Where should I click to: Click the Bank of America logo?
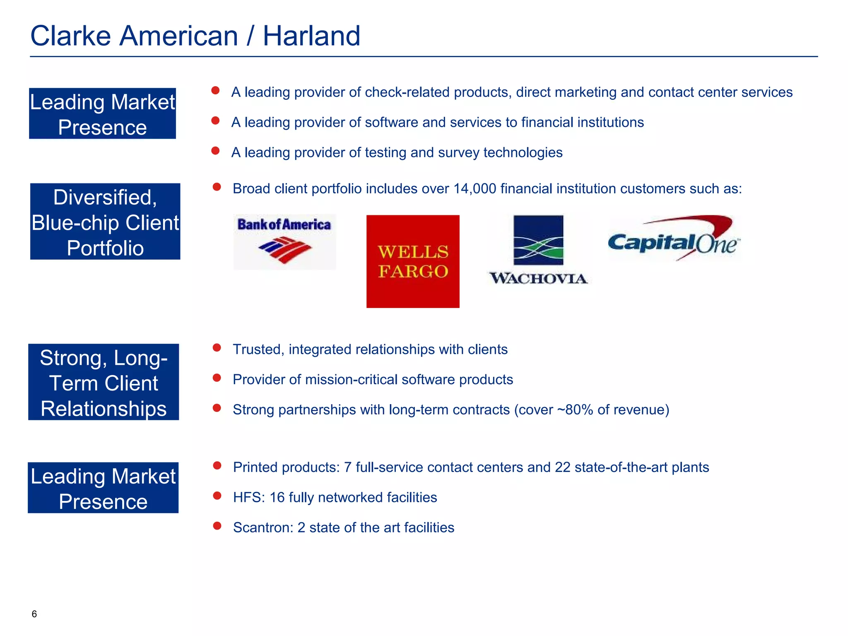[284, 242]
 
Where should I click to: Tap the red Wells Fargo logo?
[413, 261]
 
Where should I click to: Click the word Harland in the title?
[311, 36]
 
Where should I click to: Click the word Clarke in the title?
[70, 36]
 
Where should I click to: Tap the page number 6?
[34, 614]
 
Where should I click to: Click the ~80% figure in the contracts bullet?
[575, 410]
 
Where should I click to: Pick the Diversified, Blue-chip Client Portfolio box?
[105, 222]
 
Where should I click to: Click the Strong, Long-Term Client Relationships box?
[104, 382]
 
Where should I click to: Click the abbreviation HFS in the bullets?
[248, 497]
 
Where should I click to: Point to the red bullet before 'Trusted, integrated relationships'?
[217, 347]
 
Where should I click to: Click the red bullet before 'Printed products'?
[217, 466]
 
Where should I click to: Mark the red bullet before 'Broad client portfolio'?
[217, 187]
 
